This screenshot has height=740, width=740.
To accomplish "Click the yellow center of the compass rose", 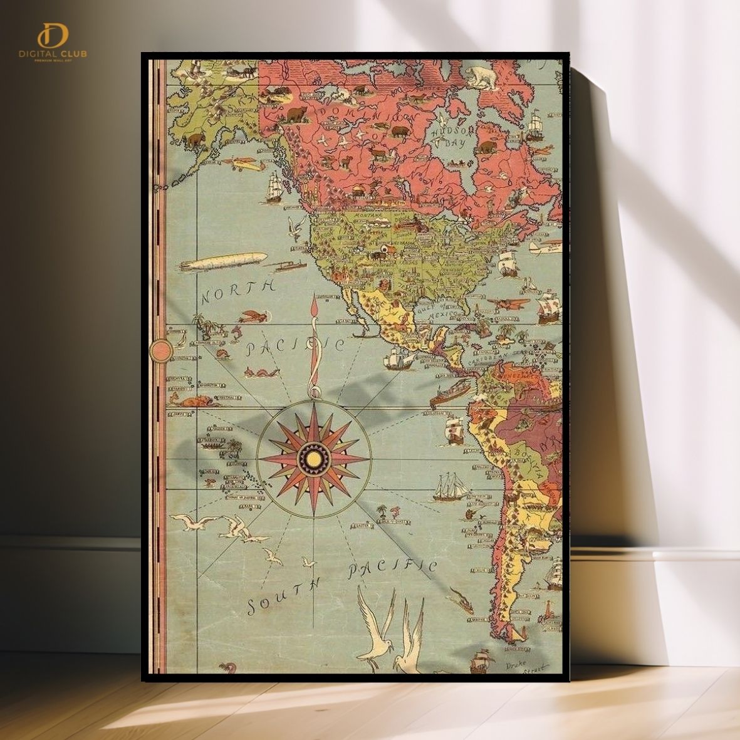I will coord(314,460).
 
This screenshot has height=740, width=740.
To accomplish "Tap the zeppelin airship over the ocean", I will coord(224,261).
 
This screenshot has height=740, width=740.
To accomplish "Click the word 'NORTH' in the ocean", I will coord(237,291).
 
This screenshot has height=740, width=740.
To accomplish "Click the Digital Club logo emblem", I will coord(52,36).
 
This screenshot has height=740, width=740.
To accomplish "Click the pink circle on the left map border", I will coord(161,350).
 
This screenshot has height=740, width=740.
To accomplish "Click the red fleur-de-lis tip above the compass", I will coord(314,306).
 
